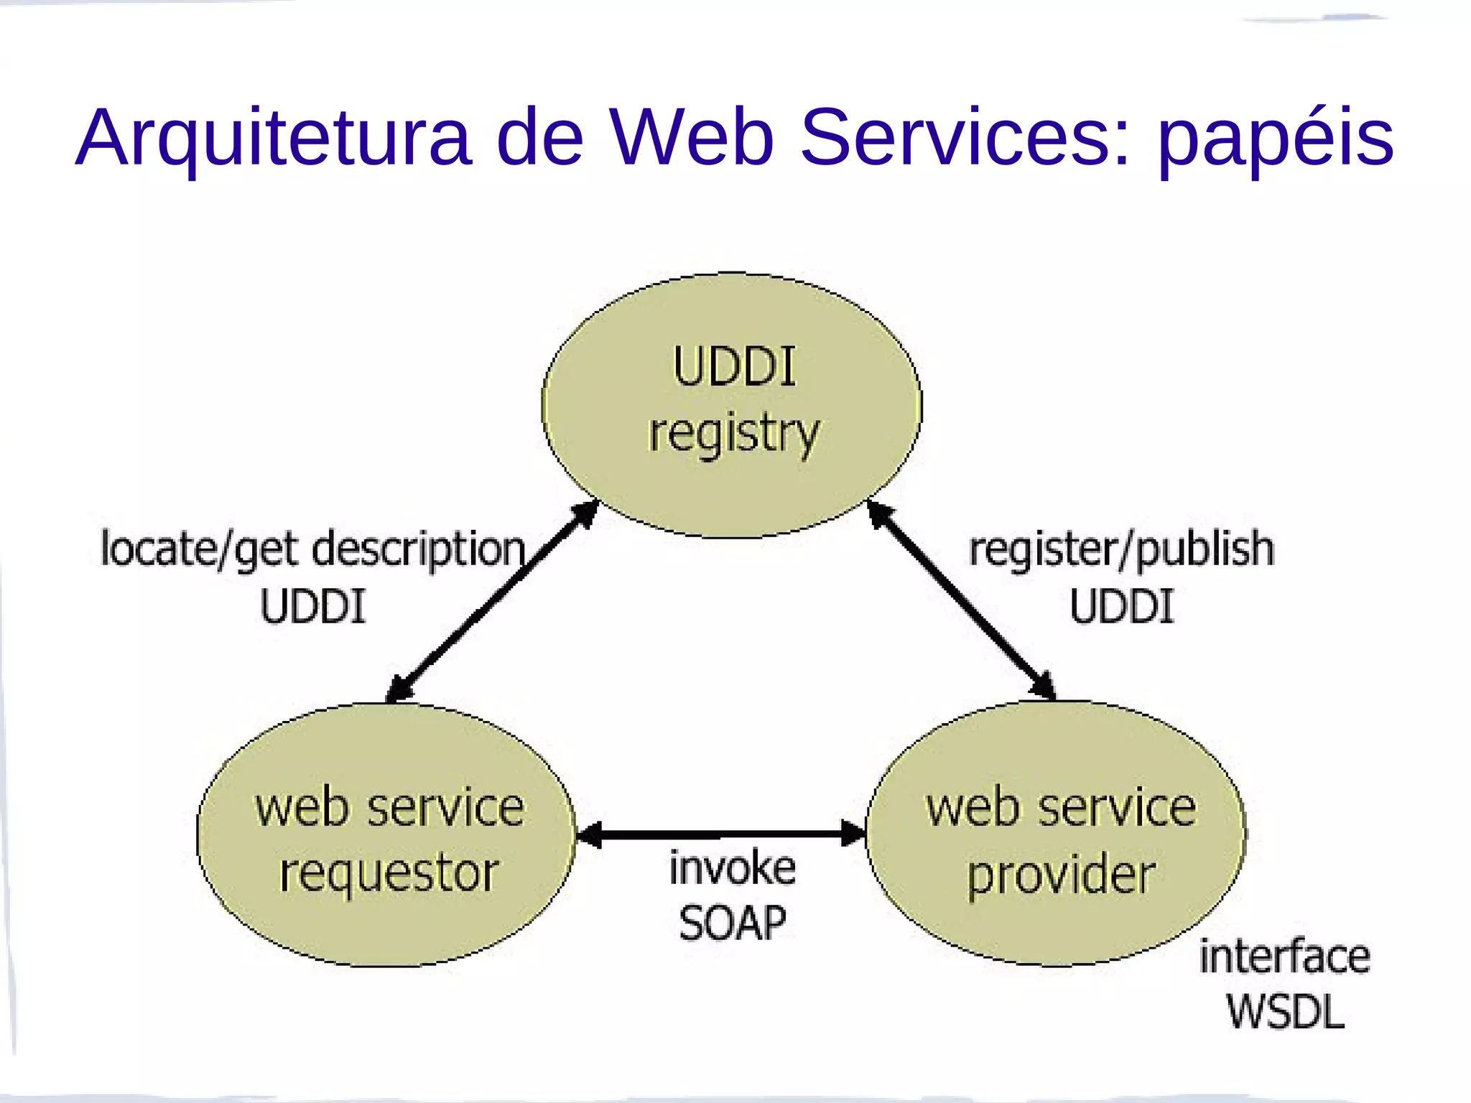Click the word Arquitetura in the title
click(x=273, y=138)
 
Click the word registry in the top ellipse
click(x=733, y=433)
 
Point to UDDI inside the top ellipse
click(x=734, y=367)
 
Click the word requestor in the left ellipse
click(x=389, y=874)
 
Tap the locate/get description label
click(x=313, y=549)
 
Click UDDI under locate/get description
click(x=313, y=606)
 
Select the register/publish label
click(x=1121, y=549)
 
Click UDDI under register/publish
click(x=1121, y=606)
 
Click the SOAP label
click(x=732, y=923)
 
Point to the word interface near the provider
click(x=1284, y=957)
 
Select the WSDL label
click(x=1284, y=1013)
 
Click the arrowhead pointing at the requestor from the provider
click(x=590, y=834)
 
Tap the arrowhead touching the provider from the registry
click(x=1043, y=686)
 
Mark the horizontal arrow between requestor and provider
click(x=720, y=834)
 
